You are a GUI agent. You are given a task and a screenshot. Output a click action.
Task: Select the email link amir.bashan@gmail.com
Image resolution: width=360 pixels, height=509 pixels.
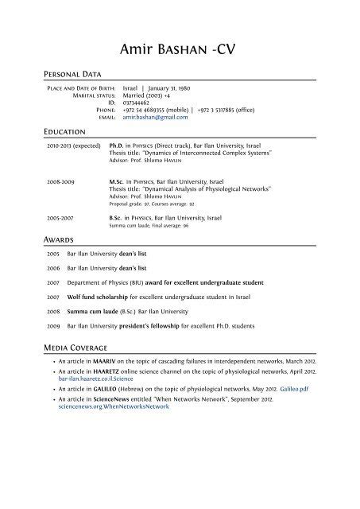pos(155,116)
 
